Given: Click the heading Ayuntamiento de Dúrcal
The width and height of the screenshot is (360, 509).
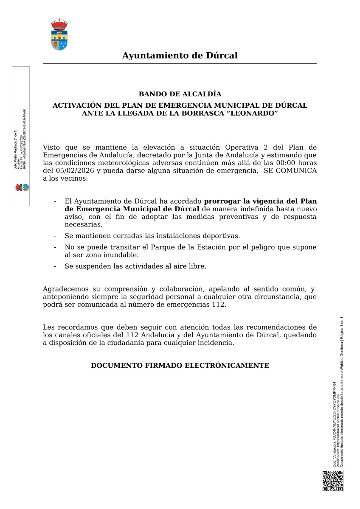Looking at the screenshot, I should click(x=180, y=56).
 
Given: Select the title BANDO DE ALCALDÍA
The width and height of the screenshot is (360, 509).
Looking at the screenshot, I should click(x=180, y=94).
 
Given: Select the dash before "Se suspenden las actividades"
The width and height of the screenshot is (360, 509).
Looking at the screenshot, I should click(x=55, y=266).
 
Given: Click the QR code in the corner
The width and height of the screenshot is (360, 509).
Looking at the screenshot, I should click(x=332, y=481).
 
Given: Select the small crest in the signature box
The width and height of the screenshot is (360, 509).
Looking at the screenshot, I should click(x=22, y=187).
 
